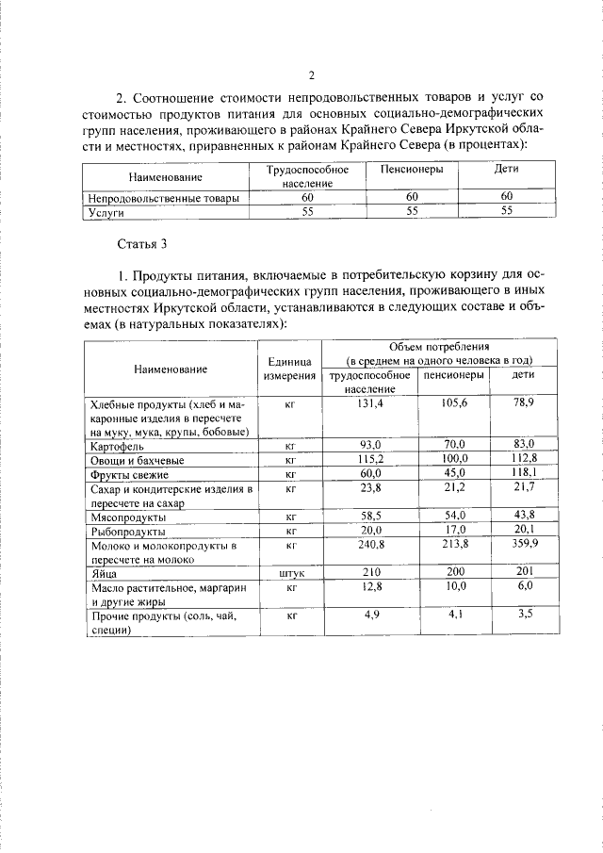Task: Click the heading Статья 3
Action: pos(141,244)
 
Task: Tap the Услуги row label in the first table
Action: pos(106,212)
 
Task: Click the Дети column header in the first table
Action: pos(507,170)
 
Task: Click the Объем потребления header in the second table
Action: pos(438,353)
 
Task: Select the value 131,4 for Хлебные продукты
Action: pos(367,402)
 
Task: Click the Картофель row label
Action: pos(118,444)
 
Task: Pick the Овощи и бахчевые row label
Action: pos(137,459)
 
